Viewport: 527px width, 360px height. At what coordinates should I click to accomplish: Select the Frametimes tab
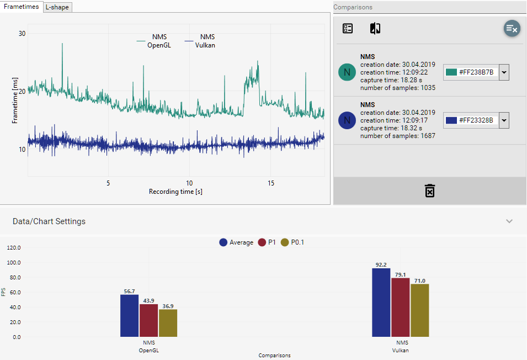point(21,6)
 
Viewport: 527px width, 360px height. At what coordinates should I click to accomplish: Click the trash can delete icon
point(430,190)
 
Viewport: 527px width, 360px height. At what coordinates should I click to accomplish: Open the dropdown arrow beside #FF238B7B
point(503,72)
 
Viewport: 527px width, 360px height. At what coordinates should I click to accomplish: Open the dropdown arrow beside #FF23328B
point(503,120)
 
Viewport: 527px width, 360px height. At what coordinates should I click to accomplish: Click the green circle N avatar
point(347,72)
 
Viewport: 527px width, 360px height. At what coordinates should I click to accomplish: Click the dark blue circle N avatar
point(347,120)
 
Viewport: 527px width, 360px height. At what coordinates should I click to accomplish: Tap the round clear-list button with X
point(512,29)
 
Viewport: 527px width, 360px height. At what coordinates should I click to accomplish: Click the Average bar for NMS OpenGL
point(129,315)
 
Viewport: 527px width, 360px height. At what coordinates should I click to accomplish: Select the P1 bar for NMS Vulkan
point(400,307)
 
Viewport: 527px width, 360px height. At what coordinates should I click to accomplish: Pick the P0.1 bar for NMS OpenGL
point(168,322)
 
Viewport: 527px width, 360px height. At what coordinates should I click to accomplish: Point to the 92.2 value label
point(381,264)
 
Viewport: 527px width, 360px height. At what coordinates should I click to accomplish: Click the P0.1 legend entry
point(292,242)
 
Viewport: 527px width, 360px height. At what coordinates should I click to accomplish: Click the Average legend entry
point(236,242)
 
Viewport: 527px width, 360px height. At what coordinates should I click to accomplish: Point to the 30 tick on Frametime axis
point(22,33)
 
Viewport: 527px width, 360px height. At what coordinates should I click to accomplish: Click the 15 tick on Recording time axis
point(270,183)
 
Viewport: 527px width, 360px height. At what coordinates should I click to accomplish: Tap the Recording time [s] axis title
point(172,192)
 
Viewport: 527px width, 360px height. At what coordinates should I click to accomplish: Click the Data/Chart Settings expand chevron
point(509,221)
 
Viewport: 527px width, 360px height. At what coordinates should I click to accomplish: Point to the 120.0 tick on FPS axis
point(13,247)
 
